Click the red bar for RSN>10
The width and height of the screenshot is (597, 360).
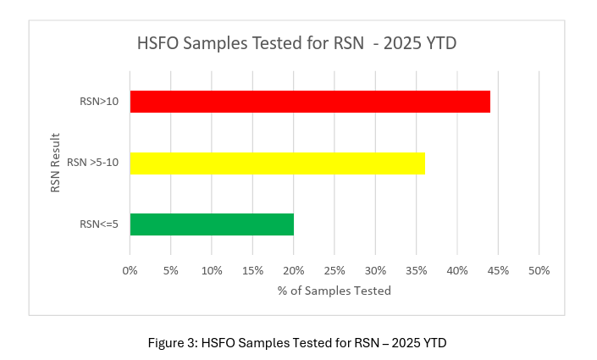coord(310,101)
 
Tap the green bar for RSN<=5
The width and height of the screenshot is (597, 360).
coord(212,224)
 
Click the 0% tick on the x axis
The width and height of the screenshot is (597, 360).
coord(130,270)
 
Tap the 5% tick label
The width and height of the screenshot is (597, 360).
coord(170,270)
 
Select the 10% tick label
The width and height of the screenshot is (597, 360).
coord(212,270)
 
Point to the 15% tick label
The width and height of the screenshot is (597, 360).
coord(252,270)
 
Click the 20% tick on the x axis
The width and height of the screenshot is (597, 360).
coord(294,270)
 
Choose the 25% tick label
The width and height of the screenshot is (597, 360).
coord(334,270)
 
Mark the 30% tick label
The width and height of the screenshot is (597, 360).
coord(375,270)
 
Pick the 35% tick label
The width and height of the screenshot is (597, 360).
coord(417,270)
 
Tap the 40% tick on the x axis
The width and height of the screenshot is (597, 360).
coord(457,270)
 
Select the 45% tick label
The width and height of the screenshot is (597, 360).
coord(498,270)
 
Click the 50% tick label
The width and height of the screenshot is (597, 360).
coord(539,270)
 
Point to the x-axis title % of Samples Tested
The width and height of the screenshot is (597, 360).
coord(334,291)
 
